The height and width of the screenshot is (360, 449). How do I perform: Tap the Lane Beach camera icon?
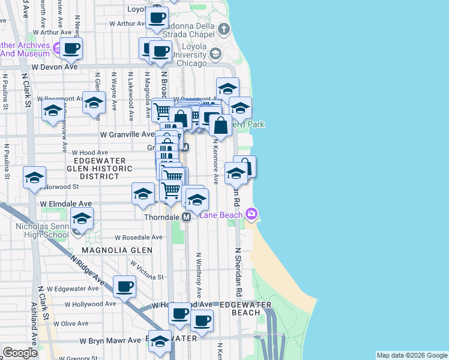pyautogui.click(x=252, y=214)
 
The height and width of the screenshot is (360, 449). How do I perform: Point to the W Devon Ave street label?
pyautogui.click(x=55, y=67)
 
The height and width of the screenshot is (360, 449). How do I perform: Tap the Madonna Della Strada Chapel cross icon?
pyautogui.click(x=223, y=29)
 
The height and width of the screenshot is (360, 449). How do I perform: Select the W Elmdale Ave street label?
pyautogui.click(x=66, y=204)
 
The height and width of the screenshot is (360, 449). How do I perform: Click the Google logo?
pyautogui.click(x=20, y=353)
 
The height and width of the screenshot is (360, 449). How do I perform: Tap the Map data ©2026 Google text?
pyautogui.click(x=411, y=355)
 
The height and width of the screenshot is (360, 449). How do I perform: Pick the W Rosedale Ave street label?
pyautogui.click(x=139, y=238)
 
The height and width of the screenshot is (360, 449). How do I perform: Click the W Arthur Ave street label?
pyautogui.click(x=128, y=24)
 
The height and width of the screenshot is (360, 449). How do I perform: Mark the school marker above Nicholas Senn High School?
pyautogui.click(x=82, y=218)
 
